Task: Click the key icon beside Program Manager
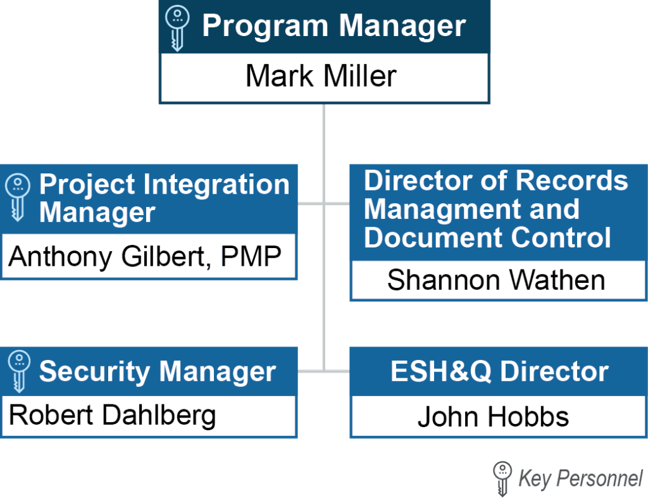(x=177, y=28)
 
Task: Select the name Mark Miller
(x=321, y=76)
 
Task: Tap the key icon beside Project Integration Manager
(x=17, y=197)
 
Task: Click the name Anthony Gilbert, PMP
(x=145, y=257)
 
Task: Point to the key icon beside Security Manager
(x=19, y=371)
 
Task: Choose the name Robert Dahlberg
(x=113, y=415)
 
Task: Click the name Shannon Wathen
(x=496, y=280)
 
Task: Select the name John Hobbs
(x=493, y=416)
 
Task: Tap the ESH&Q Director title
(x=500, y=371)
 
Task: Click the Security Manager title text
(x=158, y=371)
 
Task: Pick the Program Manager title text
(x=334, y=26)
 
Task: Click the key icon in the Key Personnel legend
(x=502, y=478)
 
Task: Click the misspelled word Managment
(x=471, y=209)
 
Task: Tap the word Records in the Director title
(x=572, y=180)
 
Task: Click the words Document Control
(x=487, y=238)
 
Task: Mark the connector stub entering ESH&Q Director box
(x=337, y=371)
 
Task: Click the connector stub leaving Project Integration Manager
(x=310, y=203)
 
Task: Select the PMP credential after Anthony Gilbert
(x=251, y=256)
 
